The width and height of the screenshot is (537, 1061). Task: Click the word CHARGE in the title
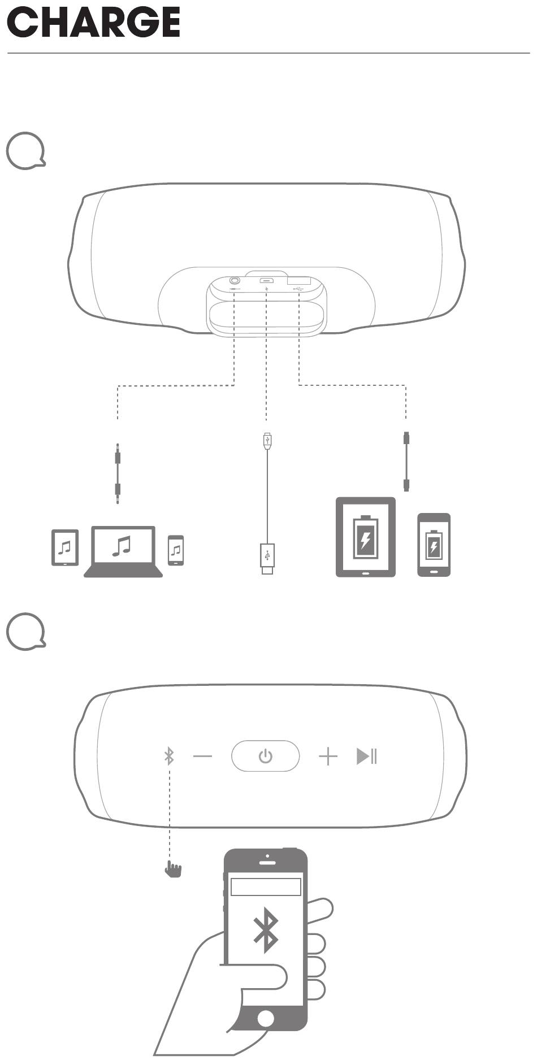tap(93, 23)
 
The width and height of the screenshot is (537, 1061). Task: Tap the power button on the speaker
tap(265, 755)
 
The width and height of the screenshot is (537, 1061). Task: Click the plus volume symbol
tap(328, 756)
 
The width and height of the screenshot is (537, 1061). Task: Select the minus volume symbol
tap(202, 756)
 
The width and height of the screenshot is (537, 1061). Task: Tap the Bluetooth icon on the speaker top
tap(169, 755)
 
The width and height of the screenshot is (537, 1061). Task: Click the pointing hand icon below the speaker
tap(173, 869)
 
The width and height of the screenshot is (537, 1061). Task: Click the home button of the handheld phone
tap(265, 1019)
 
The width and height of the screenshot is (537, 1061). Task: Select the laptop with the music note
tap(123, 551)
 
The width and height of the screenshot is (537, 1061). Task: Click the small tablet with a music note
tap(65, 547)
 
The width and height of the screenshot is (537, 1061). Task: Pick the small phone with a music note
tap(176, 550)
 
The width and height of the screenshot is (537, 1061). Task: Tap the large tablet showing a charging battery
tap(366, 537)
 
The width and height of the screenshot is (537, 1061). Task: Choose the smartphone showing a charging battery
tap(434, 545)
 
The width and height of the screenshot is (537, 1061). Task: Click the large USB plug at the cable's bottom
tap(267, 558)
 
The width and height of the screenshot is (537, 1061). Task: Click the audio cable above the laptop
tap(118, 473)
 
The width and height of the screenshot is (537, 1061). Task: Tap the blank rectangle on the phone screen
tap(266, 887)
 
